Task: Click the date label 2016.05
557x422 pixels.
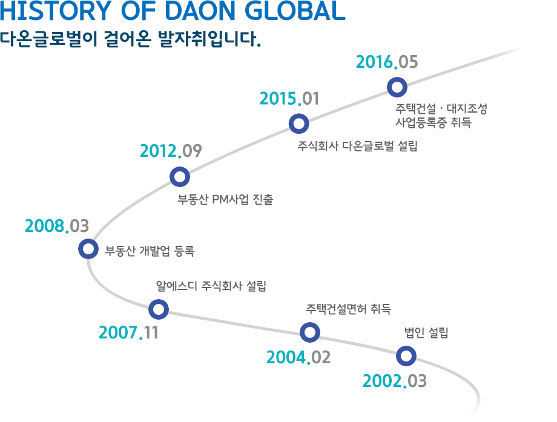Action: tap(387, 62)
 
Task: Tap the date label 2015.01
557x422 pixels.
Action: tap(289, 99)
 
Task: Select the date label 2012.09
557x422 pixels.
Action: tap(171, 151)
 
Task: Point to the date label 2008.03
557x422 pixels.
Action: tap(57, 226)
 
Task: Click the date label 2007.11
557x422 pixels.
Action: tap(128, 332)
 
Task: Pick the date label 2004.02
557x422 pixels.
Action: tap(298, 357)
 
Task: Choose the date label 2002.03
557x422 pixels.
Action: tap(394, 381)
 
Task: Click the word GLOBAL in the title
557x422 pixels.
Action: tap(295, 11)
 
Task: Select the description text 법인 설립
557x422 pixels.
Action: tap(426, 333)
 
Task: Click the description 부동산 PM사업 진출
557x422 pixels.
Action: tap(225, 199)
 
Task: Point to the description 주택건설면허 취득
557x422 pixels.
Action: tap(349, 309)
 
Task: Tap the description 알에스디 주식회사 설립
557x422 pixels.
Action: tap(211, 286)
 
